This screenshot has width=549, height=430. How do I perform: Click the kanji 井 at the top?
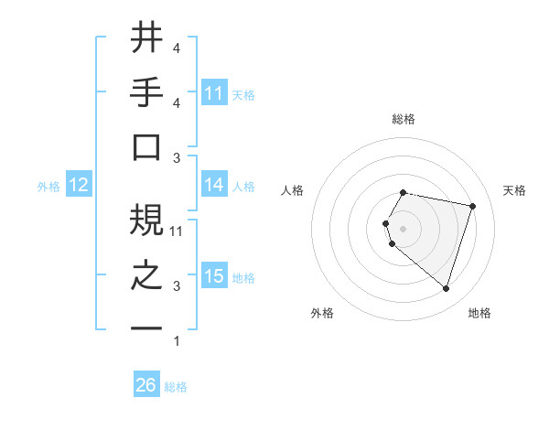pyautogui.click(x=146, y=38)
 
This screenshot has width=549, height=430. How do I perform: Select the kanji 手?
pyautogui.click(x=146, y=92)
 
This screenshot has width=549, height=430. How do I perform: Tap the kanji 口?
pyautogui.click(x=146, y=147)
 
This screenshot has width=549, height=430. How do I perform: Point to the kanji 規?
pyautogui.click(x=146, y=220)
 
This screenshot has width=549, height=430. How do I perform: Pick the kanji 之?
pyautogui.click(x=146, y=275)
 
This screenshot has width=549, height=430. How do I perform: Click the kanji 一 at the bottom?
pyautogui.click(x=146, y=328)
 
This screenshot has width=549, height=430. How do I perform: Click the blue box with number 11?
pyautogui.click(x=214, y=93)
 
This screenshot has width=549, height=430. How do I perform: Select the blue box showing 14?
pyautogui.click(x=214, y=186)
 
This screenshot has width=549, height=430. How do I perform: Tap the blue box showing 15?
pyautogui.click(x=214, y=276)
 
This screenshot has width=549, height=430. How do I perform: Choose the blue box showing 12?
pyautogui.click(x=78, y=186)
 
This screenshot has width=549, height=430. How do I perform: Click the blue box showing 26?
pyautogui.click(x=145, y=386)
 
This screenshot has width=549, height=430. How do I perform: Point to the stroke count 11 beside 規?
pyautogui.click(x=178, y=231)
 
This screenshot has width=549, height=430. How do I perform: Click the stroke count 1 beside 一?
pyautogui.click(x=176, y=341)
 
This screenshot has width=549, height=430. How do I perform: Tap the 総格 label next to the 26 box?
pyautogui.click(x=176, y=387)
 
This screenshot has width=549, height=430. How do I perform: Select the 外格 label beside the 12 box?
pyautogui.click(x=48, y=187)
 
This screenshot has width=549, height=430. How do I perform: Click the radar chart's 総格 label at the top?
pyautogui.click(x=404, y=119)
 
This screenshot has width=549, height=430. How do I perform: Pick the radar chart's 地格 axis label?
pyautogui.click(x=479, y=313)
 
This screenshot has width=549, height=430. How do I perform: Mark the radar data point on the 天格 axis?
pyautogui.click(x=472, y=207)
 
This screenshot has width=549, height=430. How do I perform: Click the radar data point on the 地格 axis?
pyautogui.click(x=446, y=289)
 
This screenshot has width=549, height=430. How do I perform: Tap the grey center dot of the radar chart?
pyautogui.click(x=404, y=228)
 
